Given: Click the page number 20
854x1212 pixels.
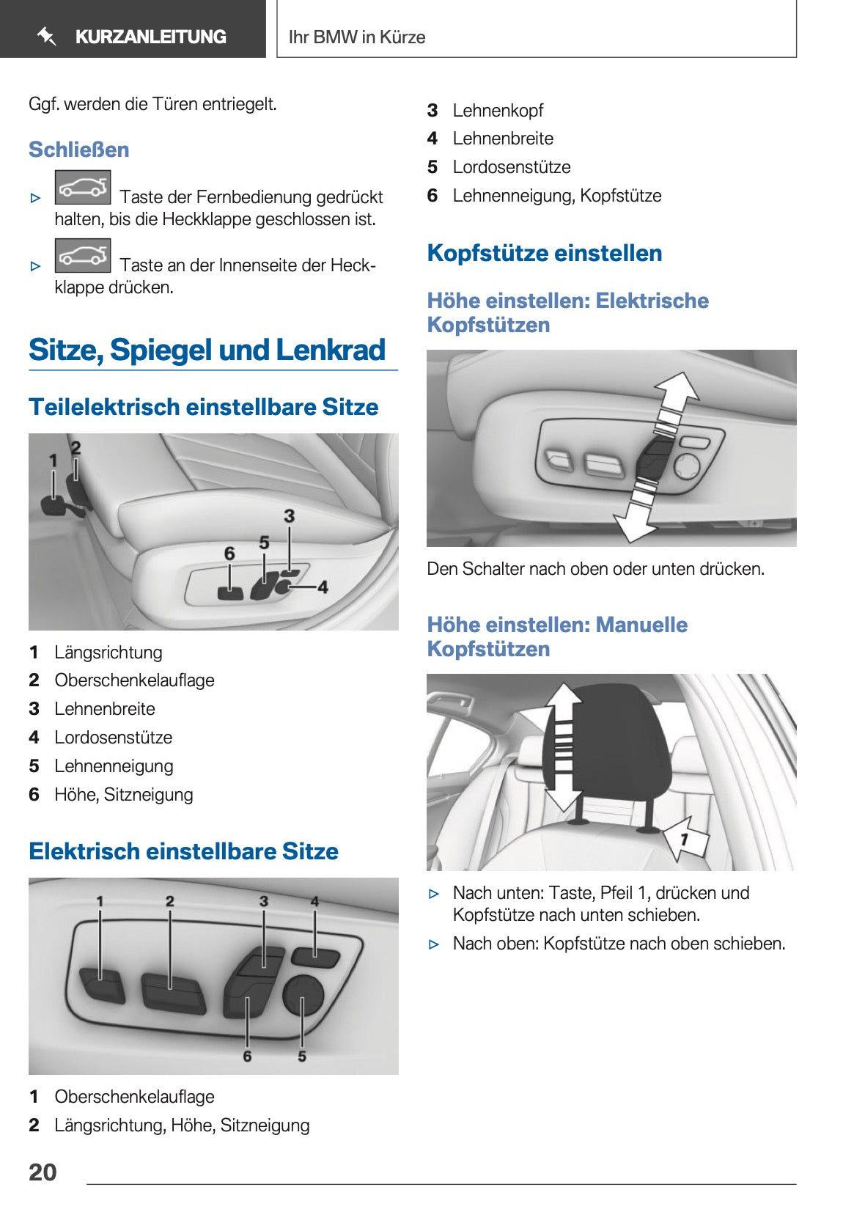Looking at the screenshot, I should tap(43, 1172).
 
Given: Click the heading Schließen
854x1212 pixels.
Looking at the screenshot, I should tap(78, 150).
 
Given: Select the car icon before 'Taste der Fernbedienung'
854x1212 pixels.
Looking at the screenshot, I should tap(83, 188).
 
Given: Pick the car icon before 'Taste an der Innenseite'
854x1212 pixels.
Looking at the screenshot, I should tap(83, 256).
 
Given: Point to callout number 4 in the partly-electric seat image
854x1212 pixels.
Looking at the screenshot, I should tap(323, 587).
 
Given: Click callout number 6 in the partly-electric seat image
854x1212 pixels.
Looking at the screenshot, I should tap(229, 554).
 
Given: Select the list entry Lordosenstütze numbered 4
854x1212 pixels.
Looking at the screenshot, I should tap(114, 738).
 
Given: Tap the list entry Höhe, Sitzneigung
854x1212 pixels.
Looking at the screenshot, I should tap(123, 795).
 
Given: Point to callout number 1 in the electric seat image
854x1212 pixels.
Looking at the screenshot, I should tap(100, 901).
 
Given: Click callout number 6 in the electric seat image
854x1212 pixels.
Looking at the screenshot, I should tap(247, 1057).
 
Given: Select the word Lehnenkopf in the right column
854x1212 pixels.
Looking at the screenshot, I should tap(498, 111).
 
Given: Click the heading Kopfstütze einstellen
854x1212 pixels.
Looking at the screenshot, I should tap(544, 253).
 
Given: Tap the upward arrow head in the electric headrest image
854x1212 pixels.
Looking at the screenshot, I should tap(677, 386).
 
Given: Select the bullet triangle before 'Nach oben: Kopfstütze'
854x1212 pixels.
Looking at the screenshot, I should tap(434, 944).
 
